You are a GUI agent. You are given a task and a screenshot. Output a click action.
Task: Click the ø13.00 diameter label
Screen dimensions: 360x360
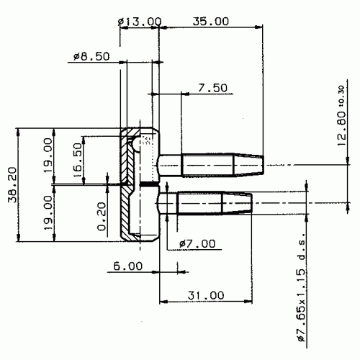(x=140, y=22)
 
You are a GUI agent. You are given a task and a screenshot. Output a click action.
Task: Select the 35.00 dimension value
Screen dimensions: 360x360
(x=211, y=22)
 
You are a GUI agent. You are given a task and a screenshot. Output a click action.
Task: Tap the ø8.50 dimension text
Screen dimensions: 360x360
(x=91, y=56)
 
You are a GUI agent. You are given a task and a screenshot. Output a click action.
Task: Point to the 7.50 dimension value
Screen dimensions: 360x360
(x=212, y=88)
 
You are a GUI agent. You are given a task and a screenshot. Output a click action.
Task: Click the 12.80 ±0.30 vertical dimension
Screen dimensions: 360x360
(x=342, y=116)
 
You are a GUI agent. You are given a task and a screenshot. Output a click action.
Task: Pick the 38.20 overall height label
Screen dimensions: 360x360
(x=12, y=185)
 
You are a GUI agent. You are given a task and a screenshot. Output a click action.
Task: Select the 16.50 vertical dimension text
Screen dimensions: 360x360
(x=77, y=160)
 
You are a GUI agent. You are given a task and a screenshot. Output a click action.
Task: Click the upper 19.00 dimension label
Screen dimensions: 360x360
(x=48, y=155)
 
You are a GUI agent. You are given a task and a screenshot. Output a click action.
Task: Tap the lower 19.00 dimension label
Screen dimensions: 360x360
(x=48, y=212)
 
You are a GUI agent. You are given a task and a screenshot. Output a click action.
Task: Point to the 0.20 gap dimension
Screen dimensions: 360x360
(x=102, y=217)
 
